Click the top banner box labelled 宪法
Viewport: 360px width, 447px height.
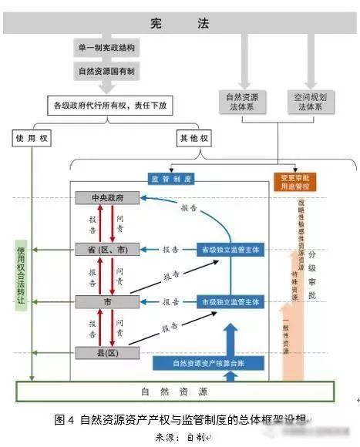click(180, 24)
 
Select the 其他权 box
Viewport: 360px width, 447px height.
click(188, 139)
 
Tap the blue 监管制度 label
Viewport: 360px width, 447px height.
click(171, 179)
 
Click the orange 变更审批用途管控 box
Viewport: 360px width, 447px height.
click(294, 183)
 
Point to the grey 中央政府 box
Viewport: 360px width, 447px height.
click(109, 198)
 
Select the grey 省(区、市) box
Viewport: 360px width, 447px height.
click(109, 250)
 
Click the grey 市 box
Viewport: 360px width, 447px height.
click(109, 301)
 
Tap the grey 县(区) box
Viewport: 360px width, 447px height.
click(109, 352)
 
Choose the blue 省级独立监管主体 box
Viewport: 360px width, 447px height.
click(230, 250)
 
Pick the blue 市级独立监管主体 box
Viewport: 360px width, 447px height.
click(230, 301)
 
